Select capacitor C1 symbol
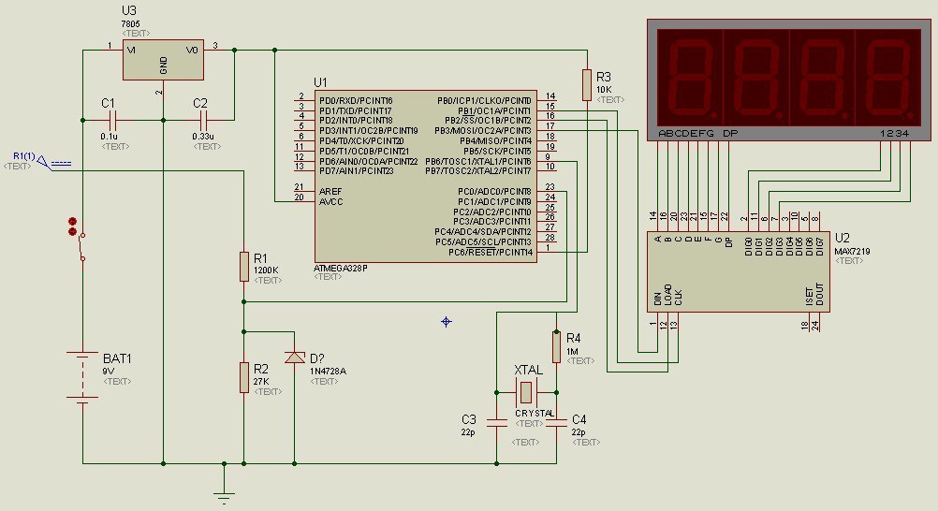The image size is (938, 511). pos(113,120)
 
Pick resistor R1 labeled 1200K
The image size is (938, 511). pos(243,267)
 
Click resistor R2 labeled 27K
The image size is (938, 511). pos(243,377)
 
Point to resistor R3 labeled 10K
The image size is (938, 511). pos(586,85)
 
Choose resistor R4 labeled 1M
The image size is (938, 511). pos(556,347)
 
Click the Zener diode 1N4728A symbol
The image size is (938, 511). pos(295,358)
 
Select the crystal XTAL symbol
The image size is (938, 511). pos(526,391)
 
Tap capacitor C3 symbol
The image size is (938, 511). pos(496,422)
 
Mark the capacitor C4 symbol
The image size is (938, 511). pos(556,422)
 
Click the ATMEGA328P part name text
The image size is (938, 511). pos(341,268)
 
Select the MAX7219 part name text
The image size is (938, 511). pos(850,250)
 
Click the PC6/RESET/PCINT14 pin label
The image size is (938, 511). pos(491,252)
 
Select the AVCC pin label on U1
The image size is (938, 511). pos(330,200)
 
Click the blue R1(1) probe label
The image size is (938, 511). pos(25,155)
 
